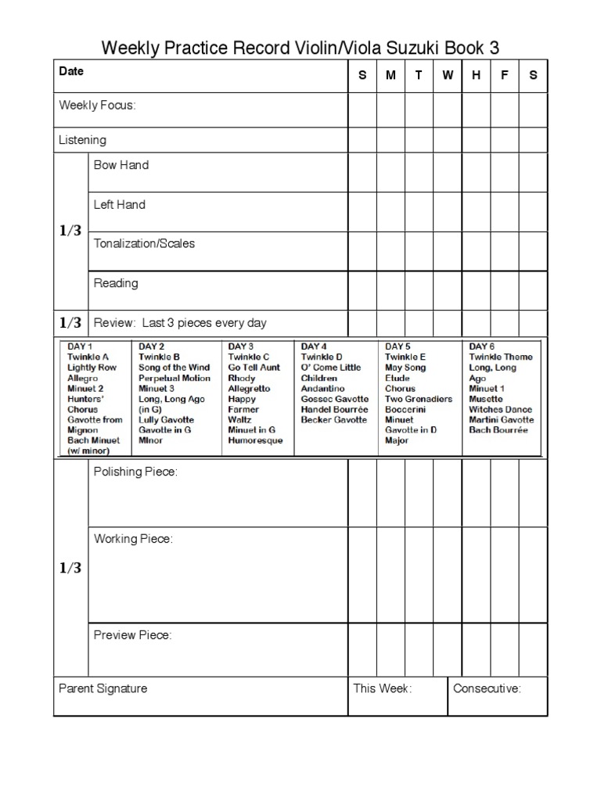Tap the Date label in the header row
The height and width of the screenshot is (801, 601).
[71, 71]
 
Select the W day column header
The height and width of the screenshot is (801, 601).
[448, 76]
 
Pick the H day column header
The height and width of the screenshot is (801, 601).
[476, 76]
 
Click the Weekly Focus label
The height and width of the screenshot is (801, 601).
[97, 106]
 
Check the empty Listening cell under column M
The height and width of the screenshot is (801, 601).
[390, 140]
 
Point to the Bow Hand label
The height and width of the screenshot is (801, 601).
[121, 165]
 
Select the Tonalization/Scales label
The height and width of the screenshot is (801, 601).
[144, 243]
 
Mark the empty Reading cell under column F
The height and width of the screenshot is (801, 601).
[505, 290]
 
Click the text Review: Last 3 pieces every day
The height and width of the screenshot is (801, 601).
[180, 323]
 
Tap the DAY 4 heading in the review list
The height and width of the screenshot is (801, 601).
[314, 347]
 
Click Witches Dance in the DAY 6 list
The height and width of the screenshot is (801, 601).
[500, 409]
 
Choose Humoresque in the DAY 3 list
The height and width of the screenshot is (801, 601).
[255, 440]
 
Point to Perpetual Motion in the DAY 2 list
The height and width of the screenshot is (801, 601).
[175, 378]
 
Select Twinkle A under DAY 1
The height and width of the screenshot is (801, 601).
[88, 357]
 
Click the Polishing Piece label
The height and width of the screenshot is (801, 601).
[135, 472]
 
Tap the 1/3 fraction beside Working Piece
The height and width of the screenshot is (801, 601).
[70, 569]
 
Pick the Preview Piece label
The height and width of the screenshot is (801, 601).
[132, 635]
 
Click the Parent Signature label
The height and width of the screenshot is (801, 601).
[103, 688]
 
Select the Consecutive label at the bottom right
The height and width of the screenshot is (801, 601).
[487, 688]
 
